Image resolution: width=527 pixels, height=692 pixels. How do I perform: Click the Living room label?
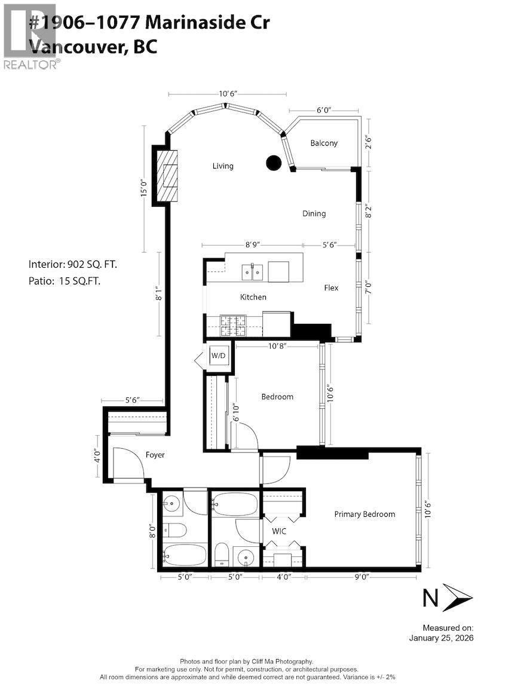point(223,166)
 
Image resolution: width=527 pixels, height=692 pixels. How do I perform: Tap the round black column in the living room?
point(274,162)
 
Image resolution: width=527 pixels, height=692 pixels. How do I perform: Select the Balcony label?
point(324,143)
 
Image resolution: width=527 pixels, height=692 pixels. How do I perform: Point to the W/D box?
point(219,356)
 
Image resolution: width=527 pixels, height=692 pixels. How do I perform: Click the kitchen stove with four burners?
point(233,326)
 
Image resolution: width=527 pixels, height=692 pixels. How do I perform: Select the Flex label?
point(331,287)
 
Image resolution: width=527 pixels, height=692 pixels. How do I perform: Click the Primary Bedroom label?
point(364,514)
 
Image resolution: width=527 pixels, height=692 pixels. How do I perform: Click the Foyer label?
point(155,455)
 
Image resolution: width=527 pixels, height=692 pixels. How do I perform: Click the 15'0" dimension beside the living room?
point(143,189)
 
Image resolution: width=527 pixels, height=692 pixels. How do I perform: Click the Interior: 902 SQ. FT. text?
point(77,264)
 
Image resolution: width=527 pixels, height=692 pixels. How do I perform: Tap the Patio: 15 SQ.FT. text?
point(65,281)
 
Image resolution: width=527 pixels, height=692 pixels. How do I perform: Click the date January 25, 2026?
point(441,638)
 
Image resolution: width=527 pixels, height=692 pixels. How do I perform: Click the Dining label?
point(314,213)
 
